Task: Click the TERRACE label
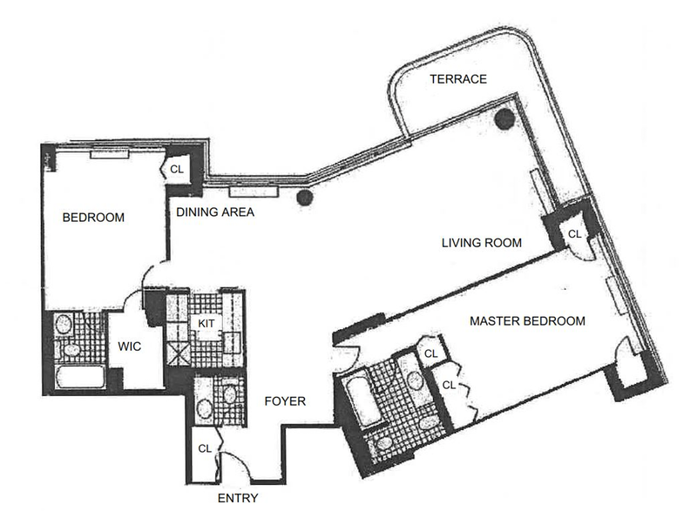pyautogui.click(x=457, y=79)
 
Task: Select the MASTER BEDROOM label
pyautogui.click(x=527, y=321)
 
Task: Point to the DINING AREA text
pyautogui.click(x=215, y=211)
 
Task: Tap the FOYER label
pyautogui.click(x=285, y=401)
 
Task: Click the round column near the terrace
pyautogui.click(x=504, y=119)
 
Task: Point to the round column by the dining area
pyautogui.click(x=304, y=198)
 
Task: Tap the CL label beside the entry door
pyautogui.click(x=204, y=449)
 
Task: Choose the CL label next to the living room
pyautogui.click(x=574, y=234)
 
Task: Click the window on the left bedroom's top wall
pyautogui.click(x=110, y=154)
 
